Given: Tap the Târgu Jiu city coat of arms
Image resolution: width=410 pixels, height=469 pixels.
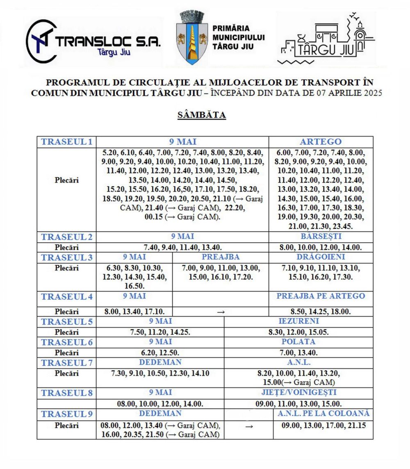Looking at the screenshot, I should click(x=191, y=38).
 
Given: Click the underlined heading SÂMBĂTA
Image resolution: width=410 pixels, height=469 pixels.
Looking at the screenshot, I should click(x=202, y=115).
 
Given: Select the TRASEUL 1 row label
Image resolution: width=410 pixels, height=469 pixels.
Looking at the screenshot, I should click(x=66, y=142).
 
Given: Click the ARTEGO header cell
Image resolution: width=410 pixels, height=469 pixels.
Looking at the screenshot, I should click(x=321, y=142).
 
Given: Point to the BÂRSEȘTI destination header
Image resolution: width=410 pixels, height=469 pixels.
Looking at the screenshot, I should click(x=321, y=237).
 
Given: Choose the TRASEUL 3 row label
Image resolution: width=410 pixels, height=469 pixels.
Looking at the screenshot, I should click(x=66, y=257).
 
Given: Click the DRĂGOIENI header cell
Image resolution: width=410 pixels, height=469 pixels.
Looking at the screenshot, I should click(x=321, y=257).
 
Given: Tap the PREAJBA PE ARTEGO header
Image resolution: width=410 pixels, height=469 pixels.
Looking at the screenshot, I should click(x=321, y=296).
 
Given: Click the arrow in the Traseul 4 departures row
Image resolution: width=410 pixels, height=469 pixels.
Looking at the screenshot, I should click(x=221, y=312).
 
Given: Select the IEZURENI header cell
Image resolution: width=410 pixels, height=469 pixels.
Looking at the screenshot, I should click(x=298, y=321).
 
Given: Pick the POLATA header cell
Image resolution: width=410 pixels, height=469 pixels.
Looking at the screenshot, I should click(x=298, y=342).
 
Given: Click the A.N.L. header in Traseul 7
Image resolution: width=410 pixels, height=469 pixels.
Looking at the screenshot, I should click(x=298, y=362).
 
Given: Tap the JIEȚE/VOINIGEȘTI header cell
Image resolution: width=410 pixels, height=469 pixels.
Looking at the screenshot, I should click(x=298, y=392).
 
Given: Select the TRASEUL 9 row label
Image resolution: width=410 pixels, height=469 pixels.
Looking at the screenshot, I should click(x=66, y=414).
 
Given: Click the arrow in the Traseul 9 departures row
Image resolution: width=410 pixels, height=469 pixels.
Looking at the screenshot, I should click(x=248, y=426).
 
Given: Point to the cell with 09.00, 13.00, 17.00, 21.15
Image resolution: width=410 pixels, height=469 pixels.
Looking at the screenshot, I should click(x=323, y=426).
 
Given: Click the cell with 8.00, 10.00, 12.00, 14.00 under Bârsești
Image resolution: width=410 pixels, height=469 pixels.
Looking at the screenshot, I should click(x=321, y=248).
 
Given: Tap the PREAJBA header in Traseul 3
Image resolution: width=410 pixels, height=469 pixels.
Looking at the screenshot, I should click(x=221, y=257).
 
